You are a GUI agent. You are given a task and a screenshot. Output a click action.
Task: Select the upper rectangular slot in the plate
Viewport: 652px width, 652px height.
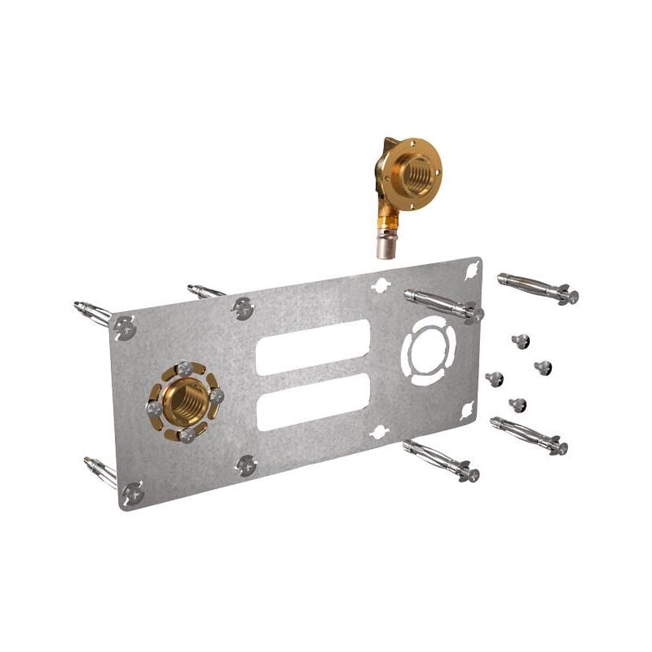(313, 346)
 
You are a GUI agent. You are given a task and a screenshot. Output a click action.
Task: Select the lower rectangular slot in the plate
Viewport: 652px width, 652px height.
(313, 402)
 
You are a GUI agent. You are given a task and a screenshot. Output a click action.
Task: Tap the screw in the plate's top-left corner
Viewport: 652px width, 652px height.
(126, 328)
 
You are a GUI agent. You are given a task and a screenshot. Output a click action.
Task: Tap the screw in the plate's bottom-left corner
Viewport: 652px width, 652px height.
(131, 492)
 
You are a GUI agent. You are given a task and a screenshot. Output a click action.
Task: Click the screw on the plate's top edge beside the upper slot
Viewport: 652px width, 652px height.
(243, 308)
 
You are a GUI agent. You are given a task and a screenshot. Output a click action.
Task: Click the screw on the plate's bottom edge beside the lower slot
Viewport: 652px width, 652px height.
(245, 465)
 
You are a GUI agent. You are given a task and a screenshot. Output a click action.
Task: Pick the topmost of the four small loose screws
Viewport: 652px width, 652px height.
(521, 341)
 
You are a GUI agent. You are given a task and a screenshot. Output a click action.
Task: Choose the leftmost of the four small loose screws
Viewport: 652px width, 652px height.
(494, 379)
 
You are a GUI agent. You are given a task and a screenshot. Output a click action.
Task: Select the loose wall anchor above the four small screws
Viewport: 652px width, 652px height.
(538, 287)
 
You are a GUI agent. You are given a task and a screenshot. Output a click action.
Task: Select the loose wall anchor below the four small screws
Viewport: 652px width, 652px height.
(530, 435)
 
